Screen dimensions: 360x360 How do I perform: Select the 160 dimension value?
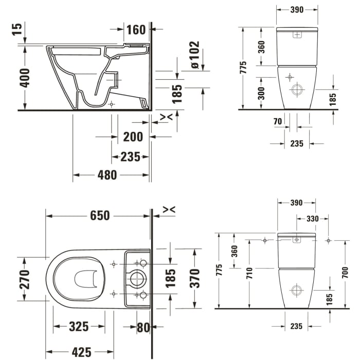(136, 30)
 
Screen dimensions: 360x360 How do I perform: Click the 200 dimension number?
(133, 137)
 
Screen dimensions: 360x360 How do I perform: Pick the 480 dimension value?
(107, 175)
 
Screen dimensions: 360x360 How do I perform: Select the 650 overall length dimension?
(100, 215)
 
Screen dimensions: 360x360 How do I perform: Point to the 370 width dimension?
(194, 278)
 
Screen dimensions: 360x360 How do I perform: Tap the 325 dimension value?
(79, 327)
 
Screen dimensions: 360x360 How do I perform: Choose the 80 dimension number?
(143, 327)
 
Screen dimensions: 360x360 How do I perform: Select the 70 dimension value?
(278, 122)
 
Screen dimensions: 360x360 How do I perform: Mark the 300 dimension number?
(261, 93)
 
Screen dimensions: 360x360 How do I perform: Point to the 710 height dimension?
(249, 273)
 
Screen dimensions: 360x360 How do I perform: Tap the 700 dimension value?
(345, 273)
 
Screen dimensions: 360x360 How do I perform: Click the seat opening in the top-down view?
(86, 279)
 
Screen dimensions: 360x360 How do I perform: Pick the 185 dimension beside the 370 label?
(171, 278)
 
